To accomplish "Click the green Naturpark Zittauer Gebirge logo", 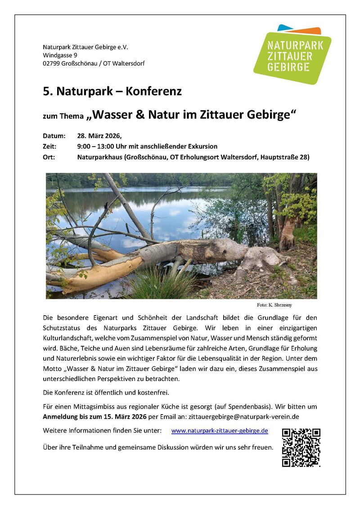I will tap(292, 54).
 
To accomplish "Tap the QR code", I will tap(301, 447).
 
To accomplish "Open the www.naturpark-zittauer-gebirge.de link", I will tap(220, 431).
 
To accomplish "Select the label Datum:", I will tap(54, 136).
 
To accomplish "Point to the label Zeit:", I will tap(49, 147).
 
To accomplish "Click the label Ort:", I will tap(49, 157).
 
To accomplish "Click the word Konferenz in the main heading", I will tap(153, 92).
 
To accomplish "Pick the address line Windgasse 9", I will tap(60, 55).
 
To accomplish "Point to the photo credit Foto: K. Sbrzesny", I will tap(274, 305).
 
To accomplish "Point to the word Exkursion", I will tap(201, 147).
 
